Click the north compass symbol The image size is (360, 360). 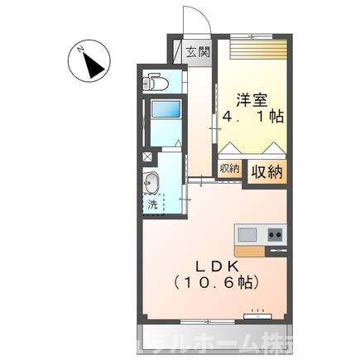(86, 61)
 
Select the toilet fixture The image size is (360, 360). (155, 82)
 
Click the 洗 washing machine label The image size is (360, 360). (152, 204)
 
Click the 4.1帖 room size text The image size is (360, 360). (252, 118)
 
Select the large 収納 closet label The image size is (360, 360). (266, 171)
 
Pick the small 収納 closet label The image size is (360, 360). (228, 168)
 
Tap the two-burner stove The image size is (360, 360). (274, 233)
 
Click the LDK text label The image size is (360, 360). (217, 265)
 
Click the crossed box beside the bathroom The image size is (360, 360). (146, 156)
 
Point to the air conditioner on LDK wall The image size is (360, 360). (260, 314)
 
